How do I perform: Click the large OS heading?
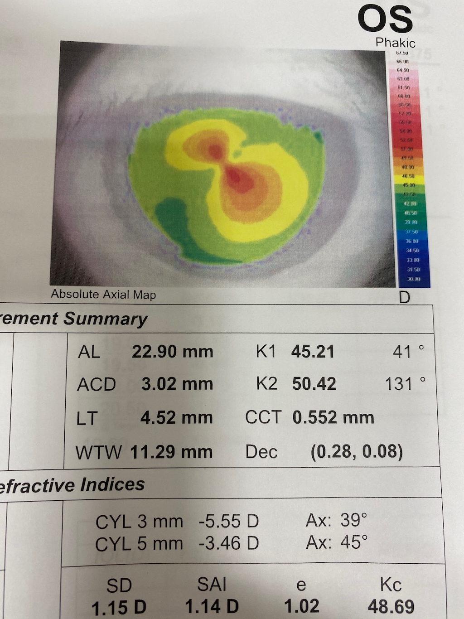[x=385, y=19]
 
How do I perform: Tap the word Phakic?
[x=395, y=43]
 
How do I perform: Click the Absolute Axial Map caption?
[x=103, y=294]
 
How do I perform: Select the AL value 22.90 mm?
[x=172, y=352]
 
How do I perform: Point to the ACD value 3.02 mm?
[x=177, y=384]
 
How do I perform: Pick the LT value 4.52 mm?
[x=176, y=418]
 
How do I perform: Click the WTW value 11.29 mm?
[x=171, y=452]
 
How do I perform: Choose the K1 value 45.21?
[x=313, y=352]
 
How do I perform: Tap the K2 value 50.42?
[x=314, y=384]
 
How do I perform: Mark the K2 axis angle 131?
[x=399, y=384]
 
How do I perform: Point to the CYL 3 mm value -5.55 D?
[x=229, y=521]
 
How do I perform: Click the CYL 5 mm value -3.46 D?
[x=229, y=543]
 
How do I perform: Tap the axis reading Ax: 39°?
[x=336, y=521]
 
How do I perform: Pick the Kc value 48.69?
[x=391, y=606]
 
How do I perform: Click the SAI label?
[x=212, y=585]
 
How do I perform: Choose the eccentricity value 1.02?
[x=301, y=606]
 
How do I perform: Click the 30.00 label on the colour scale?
[x=414, y=279]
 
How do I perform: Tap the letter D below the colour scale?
[x=404, y=297]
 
